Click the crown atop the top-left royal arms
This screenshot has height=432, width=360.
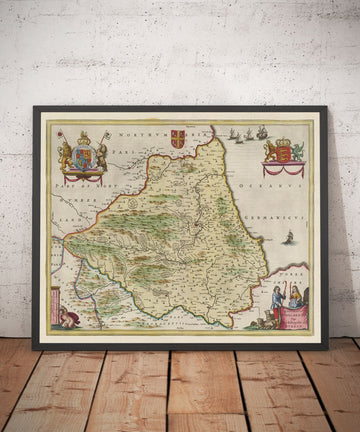[81, 134]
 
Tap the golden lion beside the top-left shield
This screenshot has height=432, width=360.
[66, 152]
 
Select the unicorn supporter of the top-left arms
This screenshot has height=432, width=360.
[96, 152]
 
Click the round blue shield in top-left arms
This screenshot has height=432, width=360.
[81, 154]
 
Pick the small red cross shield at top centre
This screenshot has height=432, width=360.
[178, 138]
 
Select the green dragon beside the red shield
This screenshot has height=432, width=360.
[297, 151]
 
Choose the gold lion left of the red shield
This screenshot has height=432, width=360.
[269, 151]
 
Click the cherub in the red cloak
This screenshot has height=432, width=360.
[67, 318]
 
